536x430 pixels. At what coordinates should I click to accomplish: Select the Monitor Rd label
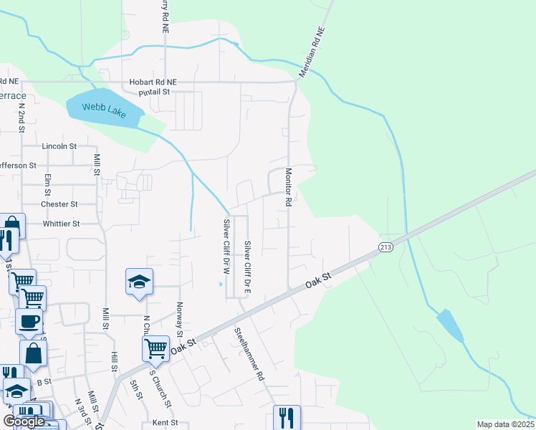[289, 188]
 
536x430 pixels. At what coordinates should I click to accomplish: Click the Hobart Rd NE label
[153, 82]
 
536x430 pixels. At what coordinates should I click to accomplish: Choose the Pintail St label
[154, 92]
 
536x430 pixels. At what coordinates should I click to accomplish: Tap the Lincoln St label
[59, 146]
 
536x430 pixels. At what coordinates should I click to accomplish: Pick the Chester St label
[59, 204]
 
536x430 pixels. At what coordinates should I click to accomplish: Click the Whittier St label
[61, 224]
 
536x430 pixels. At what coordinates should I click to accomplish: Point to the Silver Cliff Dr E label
[248, 263]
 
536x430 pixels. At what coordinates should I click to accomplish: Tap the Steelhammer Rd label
[249, 354]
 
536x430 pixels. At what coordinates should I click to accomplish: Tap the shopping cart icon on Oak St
[155, 349]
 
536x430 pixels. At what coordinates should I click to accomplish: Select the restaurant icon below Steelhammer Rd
[287, 417]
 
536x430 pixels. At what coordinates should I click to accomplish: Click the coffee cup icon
[29, 322]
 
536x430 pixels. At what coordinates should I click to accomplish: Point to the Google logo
[24, 421]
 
